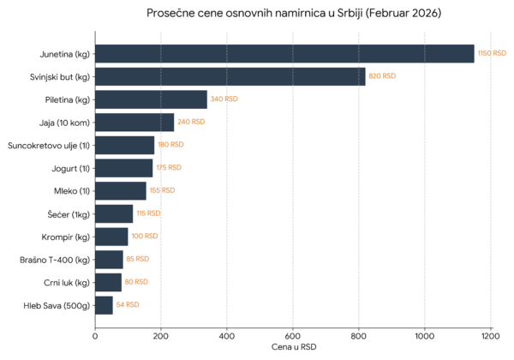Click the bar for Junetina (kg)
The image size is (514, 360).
click(284, 53)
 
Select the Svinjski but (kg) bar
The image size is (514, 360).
click(230, 76)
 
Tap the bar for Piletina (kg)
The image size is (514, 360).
click(151, 99)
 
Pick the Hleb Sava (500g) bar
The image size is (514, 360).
click(104, 305)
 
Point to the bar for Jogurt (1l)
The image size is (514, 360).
click(124, 168)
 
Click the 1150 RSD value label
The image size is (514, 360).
click(492, 53)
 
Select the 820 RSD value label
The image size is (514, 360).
click(382, 76)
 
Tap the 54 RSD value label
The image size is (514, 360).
click(128, 304)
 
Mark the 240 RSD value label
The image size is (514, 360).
click(191, 122)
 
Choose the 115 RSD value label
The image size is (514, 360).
click(148, 213)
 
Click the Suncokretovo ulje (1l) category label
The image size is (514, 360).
click(49, 146)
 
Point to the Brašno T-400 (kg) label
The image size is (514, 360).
click(55, 260)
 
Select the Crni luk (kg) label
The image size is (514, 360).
click(67, 283)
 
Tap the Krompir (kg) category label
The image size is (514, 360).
click(66, 237)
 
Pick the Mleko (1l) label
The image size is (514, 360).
click(72, 191)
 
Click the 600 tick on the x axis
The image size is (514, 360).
click(293, 336)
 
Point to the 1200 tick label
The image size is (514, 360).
click(490, 336)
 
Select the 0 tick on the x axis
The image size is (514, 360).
click(95, 336)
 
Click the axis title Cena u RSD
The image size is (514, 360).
click(294, 347)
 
